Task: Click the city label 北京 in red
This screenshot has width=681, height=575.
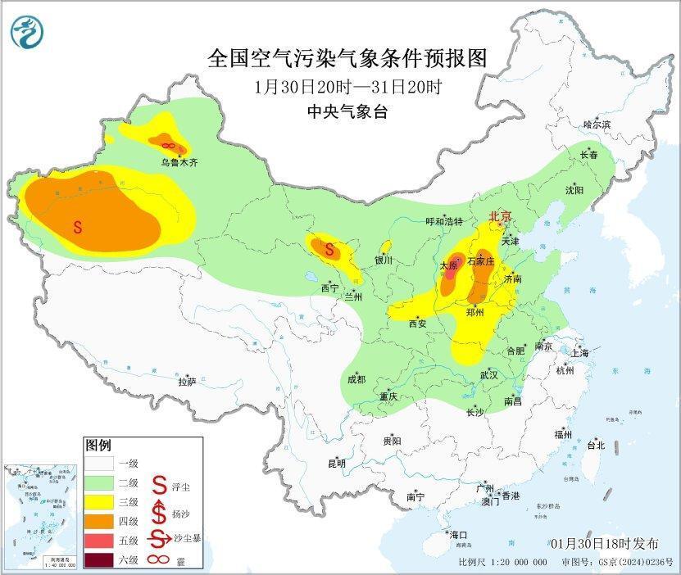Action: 500,217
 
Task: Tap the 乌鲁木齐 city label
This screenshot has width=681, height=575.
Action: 179,163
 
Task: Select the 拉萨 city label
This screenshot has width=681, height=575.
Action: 187,381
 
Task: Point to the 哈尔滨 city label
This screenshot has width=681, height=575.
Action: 597,125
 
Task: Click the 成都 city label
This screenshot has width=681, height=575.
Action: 356,379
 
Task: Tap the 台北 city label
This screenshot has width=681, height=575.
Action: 595,446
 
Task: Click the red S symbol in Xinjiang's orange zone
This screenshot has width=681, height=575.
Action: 78,227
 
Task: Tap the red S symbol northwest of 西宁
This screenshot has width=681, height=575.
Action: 329,249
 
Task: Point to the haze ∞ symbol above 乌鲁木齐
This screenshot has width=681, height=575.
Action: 168,145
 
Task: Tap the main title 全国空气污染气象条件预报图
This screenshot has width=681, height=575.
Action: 347,58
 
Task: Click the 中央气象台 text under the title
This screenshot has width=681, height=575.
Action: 347,112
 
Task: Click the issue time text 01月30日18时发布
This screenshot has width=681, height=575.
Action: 604,544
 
